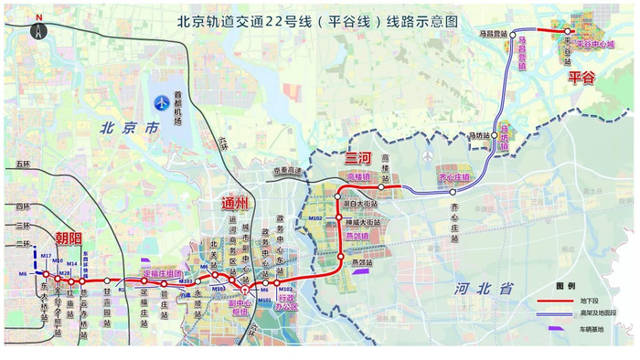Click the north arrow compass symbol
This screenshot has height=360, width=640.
pos(38,28)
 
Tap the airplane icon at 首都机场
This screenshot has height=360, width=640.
pos(163,101)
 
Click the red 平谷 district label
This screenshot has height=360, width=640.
pos(581,78)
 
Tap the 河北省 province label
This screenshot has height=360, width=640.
pos(485,289)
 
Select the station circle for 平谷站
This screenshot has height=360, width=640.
pos(568,31)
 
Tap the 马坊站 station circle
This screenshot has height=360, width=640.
pos(499,132)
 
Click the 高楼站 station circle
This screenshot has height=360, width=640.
pos(382,187)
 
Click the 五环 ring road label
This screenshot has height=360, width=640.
pos(23,164)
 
